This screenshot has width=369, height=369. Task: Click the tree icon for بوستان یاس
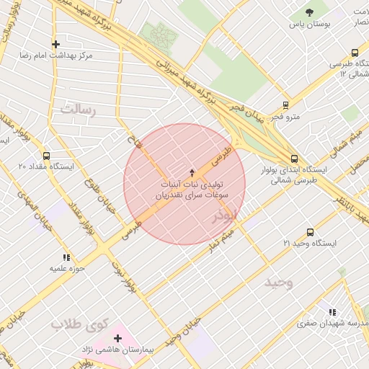point(310,12)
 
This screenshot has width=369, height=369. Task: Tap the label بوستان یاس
point(310,25)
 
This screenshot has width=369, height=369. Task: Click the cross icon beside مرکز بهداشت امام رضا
point(56,44)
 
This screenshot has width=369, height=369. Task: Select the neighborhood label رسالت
point(79,110)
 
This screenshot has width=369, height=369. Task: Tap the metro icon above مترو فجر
point(286,105)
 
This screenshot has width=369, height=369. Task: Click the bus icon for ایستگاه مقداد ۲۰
point(47,156)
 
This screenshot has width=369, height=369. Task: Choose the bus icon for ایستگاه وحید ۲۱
point(310,232)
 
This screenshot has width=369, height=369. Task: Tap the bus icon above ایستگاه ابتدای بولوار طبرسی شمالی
point(294,159)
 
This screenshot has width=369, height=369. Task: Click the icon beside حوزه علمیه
point(67,257)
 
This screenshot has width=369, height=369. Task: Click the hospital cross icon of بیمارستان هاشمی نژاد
point(118,337)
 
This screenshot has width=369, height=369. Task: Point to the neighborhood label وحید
point(279,283)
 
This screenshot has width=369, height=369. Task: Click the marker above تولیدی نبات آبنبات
point(192,172)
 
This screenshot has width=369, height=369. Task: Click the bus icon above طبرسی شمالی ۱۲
point(355,53)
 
